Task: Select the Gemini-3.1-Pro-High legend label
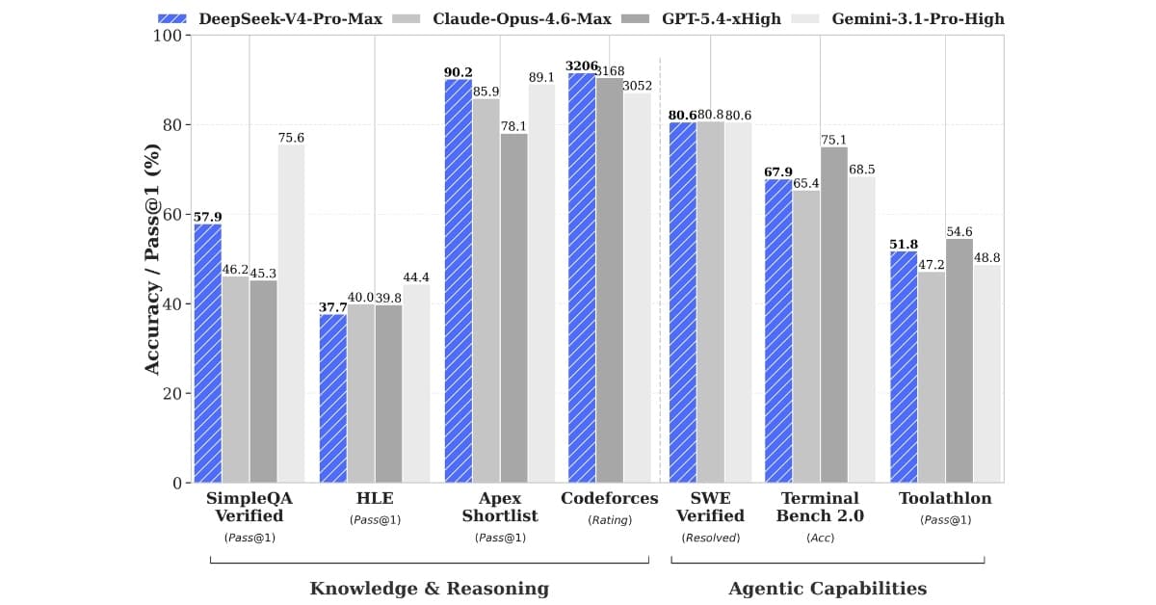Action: [918, 19]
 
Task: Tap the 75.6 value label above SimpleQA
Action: [291, 138]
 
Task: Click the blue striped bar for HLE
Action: [333, 399]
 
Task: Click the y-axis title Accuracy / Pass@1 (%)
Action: [152, 259]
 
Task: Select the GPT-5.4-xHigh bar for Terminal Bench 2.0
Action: [834, 315]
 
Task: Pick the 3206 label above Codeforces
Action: [581, 66]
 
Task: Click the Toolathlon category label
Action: [945, 498]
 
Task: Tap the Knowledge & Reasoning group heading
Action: [430, 589]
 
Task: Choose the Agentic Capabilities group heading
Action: [828, 589]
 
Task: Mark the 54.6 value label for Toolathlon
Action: [959, 232]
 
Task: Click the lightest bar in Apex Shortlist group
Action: [541, 283]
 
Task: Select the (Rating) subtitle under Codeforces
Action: [610, 520]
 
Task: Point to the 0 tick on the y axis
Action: [177, 484]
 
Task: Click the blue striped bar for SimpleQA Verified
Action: [207, 354]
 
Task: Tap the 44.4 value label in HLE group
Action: [416, 277]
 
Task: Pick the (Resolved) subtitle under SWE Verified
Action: [711, 538]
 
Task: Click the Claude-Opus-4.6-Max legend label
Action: [522, 19]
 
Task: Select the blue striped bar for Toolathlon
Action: [904, 367]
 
